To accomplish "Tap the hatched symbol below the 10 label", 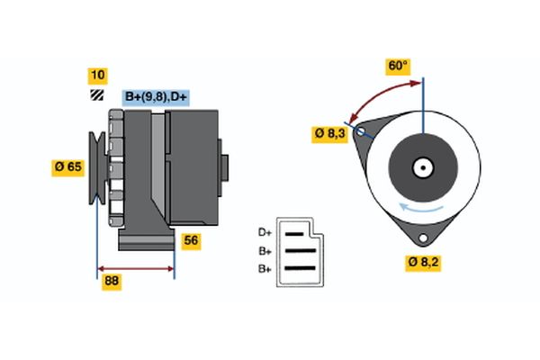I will [96, 95].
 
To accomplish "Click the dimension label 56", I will [191, 240].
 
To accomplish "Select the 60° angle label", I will [397, 66].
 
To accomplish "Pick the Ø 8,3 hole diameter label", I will [328, 133].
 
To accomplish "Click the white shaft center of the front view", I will [421, 167].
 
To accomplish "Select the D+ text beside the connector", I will [265, 231].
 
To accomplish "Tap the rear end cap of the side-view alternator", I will [224, 168].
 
